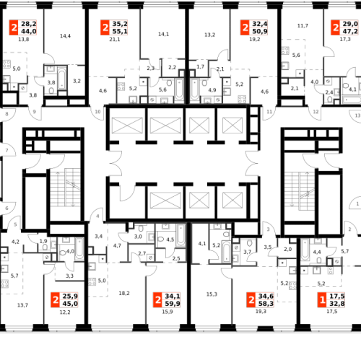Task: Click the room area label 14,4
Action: tap(65, 36)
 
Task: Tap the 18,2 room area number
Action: tap(124, 293)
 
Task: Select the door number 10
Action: tap(97, 112)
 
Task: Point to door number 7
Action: tap(6, 150)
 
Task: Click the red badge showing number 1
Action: tap(322, 299)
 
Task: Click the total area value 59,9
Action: tap(173, 304)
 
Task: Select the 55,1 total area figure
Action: tap(120, 31)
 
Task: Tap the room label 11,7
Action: tap(303, 25)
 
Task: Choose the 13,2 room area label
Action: tap(209, 35)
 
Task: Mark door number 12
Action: tap(316, 112)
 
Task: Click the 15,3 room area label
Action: tap(212, 294)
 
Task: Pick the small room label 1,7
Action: tap(200, 66)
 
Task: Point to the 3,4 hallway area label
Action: tap(99, 237)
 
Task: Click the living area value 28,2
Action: tap(29, 24)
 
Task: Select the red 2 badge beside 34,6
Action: tap(251, 299)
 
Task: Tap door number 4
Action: tap(97, 216)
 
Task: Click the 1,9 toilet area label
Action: tap(43, 241)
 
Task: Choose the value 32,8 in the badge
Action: tap(337, 304)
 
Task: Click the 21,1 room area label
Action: tap(115, 40)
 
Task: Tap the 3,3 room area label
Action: tap(69, 276)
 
